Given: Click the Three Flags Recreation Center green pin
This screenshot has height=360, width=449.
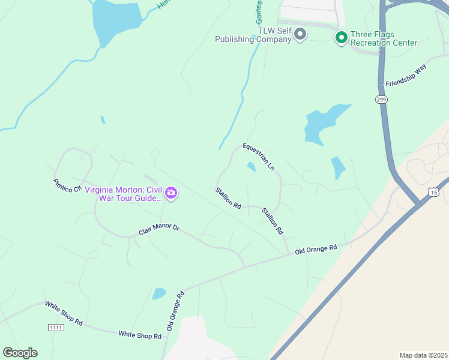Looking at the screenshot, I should point(341,38).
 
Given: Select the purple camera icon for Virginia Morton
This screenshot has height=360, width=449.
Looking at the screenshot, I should point(171,193).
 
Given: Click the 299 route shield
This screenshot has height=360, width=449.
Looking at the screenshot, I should point(381,100).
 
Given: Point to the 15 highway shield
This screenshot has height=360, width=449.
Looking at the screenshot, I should point(434,191).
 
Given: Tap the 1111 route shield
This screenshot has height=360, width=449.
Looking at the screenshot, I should point(56,327).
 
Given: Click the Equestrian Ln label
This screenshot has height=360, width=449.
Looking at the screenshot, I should point(258,155).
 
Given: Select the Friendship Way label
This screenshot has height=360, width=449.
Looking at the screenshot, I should point(405,75).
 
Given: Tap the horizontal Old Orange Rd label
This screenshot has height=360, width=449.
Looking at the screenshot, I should point(316,248).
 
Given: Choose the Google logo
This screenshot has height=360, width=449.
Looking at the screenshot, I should point(20,352).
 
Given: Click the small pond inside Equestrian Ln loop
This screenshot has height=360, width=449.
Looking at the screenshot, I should point(251,166).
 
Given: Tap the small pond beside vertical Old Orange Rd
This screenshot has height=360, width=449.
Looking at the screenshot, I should point(159,293).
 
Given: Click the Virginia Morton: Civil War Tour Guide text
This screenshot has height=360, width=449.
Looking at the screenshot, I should point(123,194).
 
